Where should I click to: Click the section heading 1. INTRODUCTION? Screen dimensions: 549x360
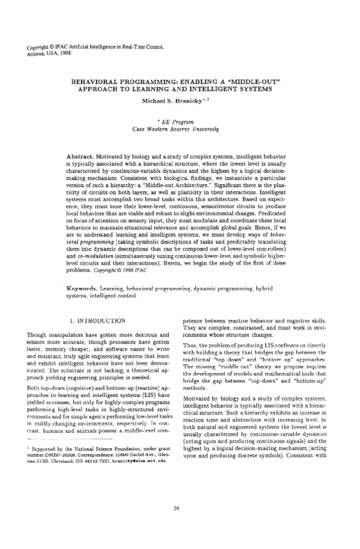point(97,322)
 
